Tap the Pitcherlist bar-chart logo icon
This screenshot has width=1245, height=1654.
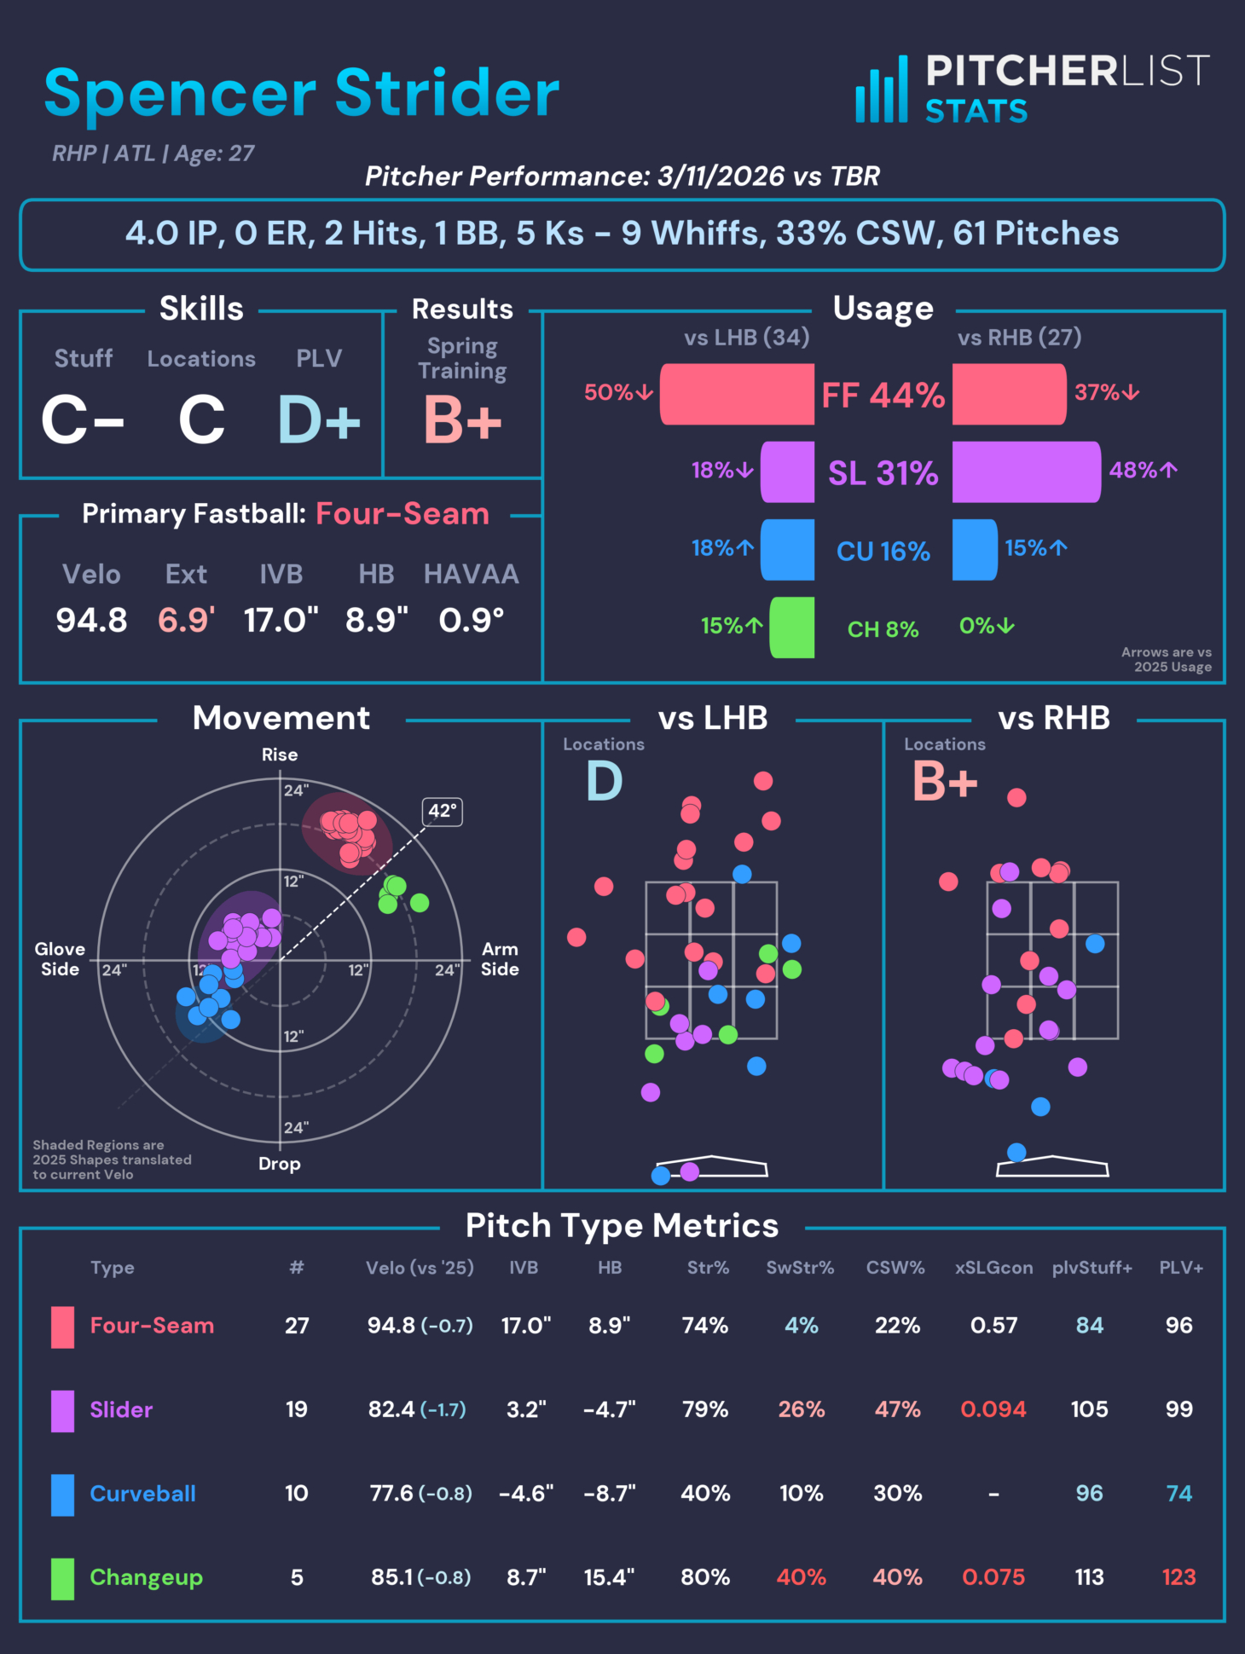pos(882,90)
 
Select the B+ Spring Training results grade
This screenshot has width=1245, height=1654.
pos(462,419)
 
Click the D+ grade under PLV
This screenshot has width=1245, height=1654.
pos(319,419)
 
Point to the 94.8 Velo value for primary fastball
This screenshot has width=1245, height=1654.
pos(91,620)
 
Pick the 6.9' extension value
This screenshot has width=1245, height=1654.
pos(186,620)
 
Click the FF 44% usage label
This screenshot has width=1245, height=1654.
pos(883,395)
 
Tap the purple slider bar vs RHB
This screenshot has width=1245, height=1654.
pos(1026,471)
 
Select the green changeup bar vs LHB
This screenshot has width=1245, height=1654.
pos(792,627)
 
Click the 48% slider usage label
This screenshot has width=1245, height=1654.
pos(1142,470)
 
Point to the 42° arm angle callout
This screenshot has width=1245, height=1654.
pos(443,811)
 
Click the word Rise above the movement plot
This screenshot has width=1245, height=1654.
pos(280,755)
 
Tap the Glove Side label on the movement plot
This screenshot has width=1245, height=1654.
pos(60,959)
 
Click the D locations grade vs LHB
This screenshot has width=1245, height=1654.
pos(604,781)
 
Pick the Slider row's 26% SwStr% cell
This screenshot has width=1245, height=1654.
pos(801,1409)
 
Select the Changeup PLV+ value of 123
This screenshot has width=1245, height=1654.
pos(1178,1577)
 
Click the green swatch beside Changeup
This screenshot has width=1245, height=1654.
pos(62,1578)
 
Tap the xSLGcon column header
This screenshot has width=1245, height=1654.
pos(993,1268)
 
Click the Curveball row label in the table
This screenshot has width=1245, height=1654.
pos(142,1494)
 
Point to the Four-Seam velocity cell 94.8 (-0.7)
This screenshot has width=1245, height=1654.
pos(420,1326)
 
